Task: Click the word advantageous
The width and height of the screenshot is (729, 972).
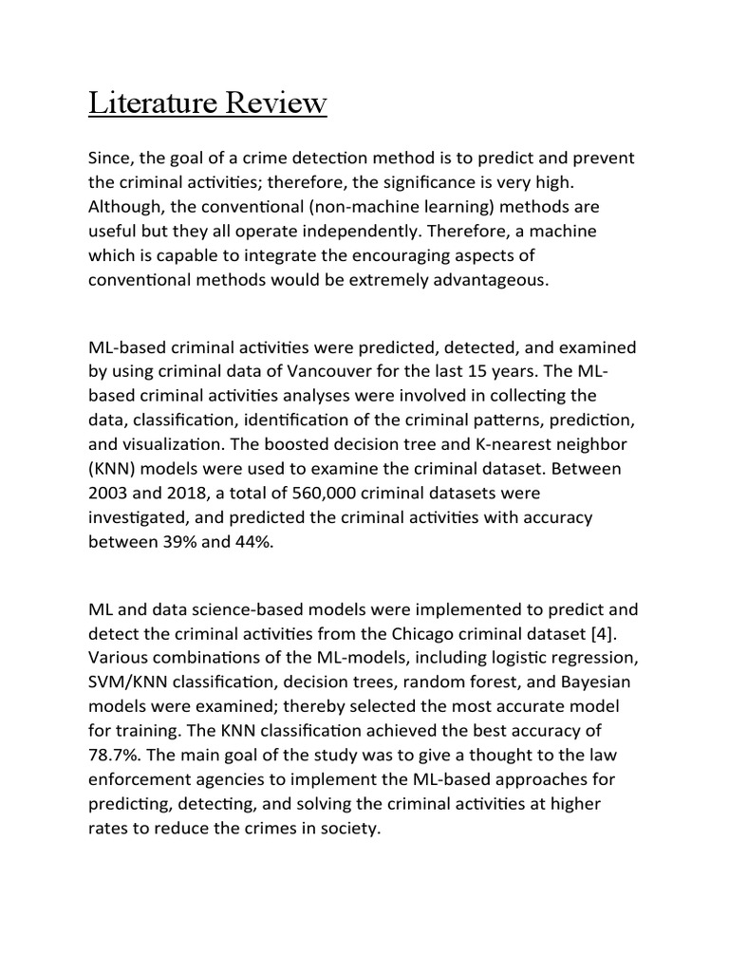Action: coord(478,279)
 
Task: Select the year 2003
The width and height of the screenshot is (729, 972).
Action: coord(112,493)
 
